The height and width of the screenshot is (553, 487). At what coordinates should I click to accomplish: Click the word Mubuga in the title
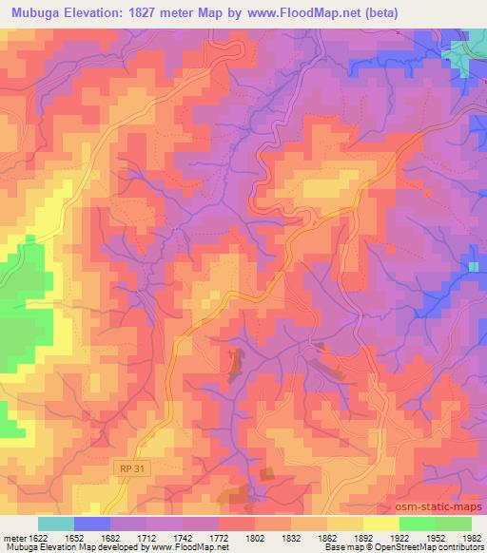[37, 13]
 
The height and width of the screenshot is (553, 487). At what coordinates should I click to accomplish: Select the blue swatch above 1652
[91, 524]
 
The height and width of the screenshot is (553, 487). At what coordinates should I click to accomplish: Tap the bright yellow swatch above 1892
[380, 524]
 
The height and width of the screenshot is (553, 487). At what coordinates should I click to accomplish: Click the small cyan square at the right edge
[473, 266]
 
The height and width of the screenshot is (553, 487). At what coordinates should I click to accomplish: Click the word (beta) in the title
[379, 13]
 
